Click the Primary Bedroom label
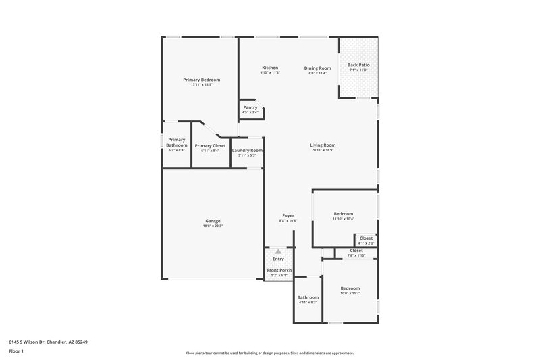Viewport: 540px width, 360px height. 201,80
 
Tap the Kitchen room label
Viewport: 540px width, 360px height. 270,68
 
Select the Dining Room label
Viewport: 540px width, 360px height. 317,68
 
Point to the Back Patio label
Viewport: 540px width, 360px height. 358,66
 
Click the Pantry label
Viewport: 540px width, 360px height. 250,107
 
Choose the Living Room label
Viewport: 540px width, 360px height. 323,145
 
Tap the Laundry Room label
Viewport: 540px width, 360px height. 247,151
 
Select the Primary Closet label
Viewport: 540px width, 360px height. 210,146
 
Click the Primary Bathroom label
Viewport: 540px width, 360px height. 177,142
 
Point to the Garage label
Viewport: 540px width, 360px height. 213,221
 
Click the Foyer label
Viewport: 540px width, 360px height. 288,215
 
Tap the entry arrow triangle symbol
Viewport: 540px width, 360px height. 278,251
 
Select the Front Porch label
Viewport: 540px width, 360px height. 279,270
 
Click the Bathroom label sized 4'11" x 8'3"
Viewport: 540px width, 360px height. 308,297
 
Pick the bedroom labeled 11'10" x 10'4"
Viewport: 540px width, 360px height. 343,214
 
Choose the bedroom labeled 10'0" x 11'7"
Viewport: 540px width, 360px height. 350,288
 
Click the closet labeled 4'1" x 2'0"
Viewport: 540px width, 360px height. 365,238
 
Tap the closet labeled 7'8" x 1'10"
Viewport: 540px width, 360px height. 356,251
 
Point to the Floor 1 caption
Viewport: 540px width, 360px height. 16,351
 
